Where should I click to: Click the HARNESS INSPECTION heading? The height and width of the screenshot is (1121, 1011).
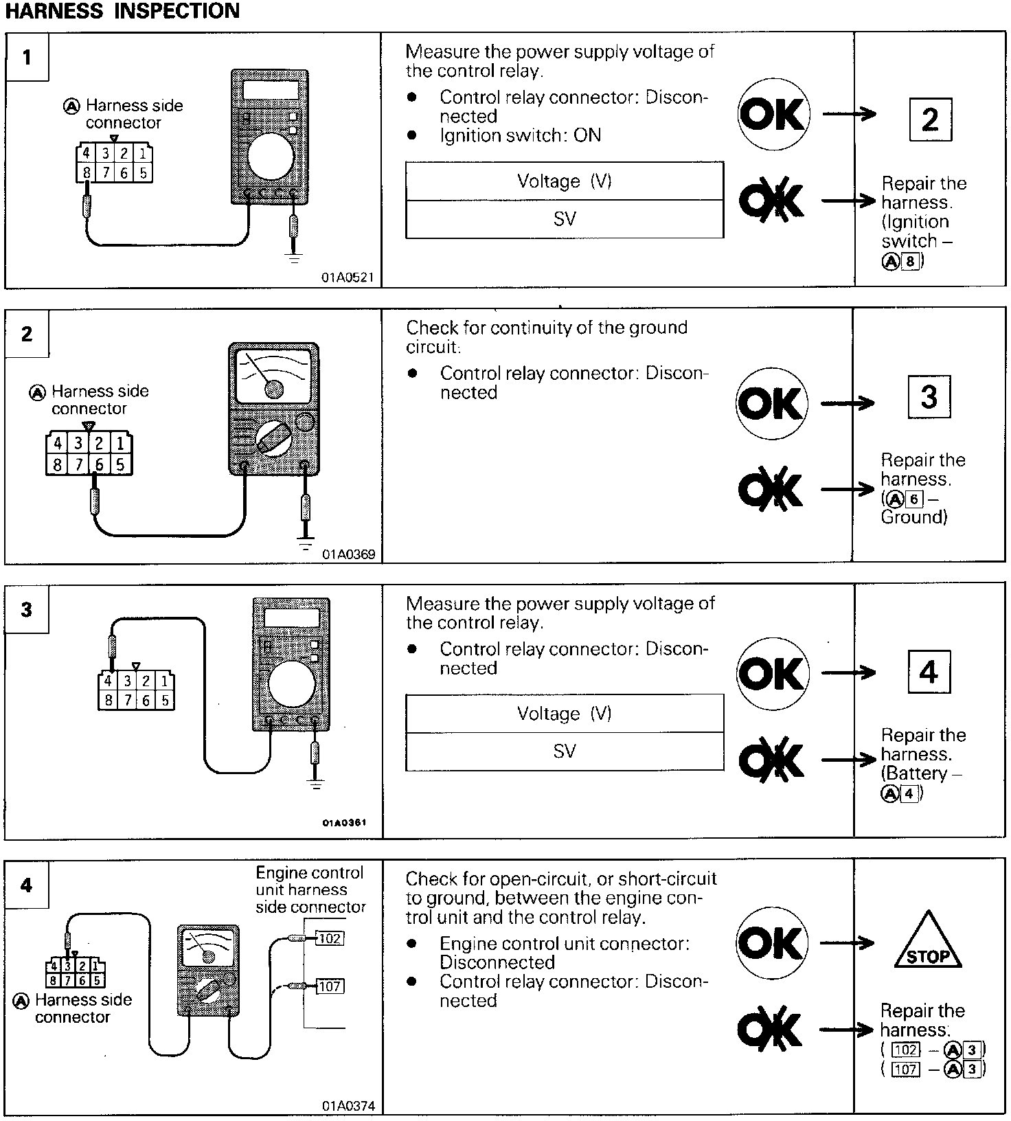tap(122, 11)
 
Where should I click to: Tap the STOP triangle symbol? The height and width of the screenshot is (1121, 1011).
tap(928, 945)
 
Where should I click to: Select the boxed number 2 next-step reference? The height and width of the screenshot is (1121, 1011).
tap(930, 120)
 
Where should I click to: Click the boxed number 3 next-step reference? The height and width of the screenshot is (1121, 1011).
tap(929, 397)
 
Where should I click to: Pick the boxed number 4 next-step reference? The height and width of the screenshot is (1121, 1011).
tap(929, 672)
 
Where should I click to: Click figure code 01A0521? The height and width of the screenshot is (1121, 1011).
tap(348, 278)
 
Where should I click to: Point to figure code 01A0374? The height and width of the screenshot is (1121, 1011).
tap(348, 1106)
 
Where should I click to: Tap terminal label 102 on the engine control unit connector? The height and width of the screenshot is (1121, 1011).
tap(330, 938)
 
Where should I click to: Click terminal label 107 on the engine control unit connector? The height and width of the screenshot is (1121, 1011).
tap(330, 986)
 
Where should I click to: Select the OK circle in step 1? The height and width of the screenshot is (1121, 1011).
tap(773, 115)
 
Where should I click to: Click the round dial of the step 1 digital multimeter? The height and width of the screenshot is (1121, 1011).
tap(271, 156)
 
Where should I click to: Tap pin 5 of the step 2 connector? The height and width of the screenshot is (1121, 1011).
tap(120, 465)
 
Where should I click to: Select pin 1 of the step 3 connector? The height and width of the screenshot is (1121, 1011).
tap(164, 681)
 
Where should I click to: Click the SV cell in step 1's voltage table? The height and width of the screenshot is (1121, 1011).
tap(565, 219)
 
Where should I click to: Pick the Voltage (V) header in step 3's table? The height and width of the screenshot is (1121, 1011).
tap(565, 714)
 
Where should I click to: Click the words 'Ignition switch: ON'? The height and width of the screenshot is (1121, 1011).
tap(520, 135)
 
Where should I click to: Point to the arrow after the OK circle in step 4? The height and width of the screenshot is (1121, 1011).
tap(848, 942)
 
